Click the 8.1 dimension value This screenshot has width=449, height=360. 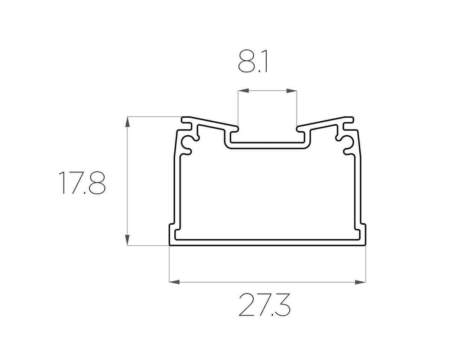[x=253, y=63]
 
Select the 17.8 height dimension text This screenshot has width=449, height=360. [x=82, y=182]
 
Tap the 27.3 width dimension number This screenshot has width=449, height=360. [x=264, y=304]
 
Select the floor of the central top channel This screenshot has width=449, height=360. [x=268, y=145]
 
